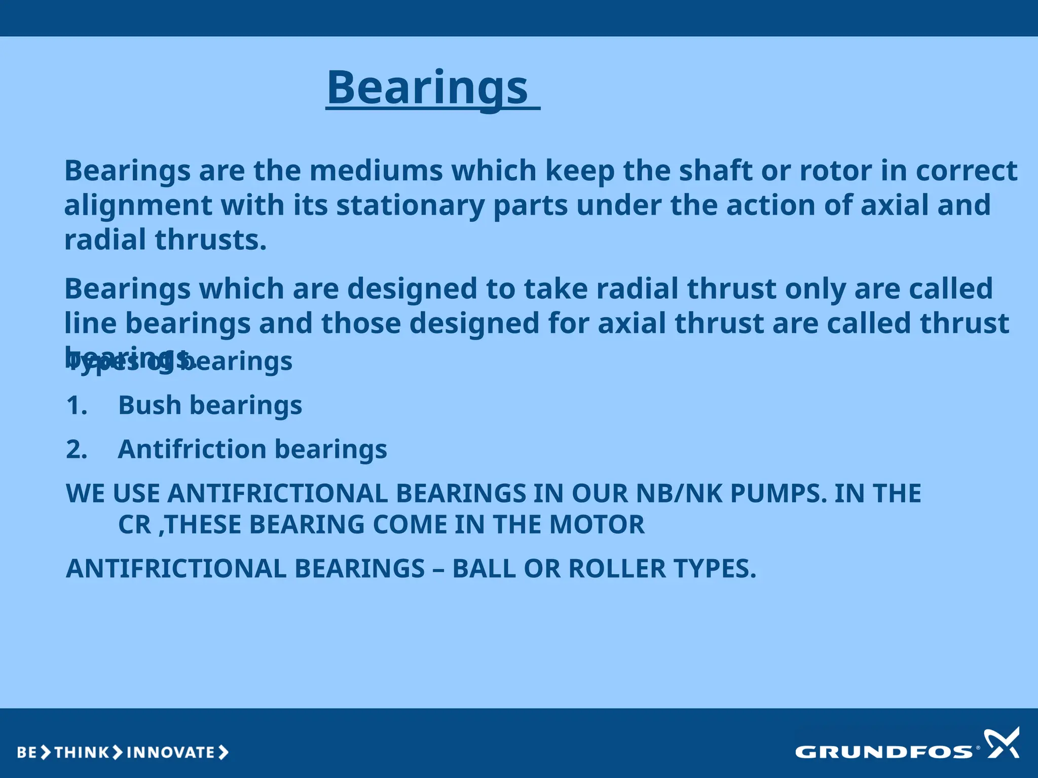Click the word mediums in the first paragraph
pos(376,171)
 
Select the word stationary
pos(411,205)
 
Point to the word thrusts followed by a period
pos(210,240)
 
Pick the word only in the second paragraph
pos(815,289)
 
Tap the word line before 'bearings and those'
pos(90,323)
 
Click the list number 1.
pos(77,406)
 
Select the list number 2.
pos(77,450)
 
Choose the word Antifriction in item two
pos(192,450)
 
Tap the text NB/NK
pos(679,493)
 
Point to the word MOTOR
pos(597,525)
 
